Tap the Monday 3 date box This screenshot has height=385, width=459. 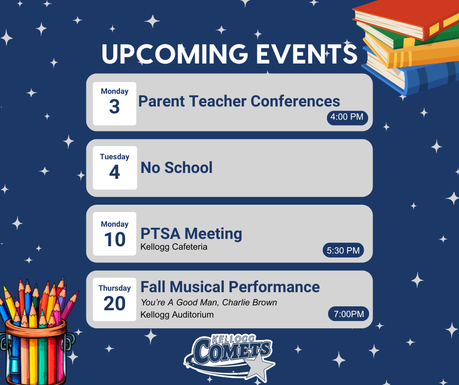[x=114, y=103]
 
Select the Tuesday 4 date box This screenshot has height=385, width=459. [x=114, y=168]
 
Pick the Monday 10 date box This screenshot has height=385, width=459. [x=114, y=234]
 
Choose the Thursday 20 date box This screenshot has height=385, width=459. [x=114, y=299]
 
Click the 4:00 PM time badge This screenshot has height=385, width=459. [x=347, y=117]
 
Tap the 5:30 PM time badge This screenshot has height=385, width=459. [x=343, y=251]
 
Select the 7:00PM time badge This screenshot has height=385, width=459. [x=348, y=314]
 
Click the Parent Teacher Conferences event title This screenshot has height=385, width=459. [x=239, y=101]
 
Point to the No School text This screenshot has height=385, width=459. [x=176, y=168]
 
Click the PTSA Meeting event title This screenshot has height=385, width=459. [x=191, y=234]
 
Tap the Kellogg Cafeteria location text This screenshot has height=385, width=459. [x=174, y=247]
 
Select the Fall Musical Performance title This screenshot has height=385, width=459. [x=230, y=286]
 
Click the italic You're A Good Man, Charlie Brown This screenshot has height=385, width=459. [x=209, y=302]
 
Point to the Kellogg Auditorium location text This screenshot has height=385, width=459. [x=177, y=315]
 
